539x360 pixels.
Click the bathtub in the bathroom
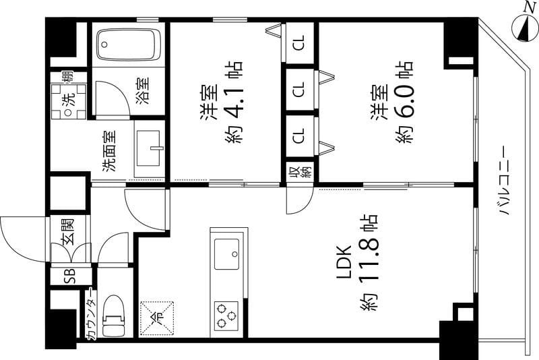point(129,44)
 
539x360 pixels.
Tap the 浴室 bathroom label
point(144,91)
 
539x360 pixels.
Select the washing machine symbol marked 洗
point(69,101)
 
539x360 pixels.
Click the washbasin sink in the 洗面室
point(148,148)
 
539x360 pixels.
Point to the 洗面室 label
point(109,151)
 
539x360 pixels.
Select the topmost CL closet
point(300,43)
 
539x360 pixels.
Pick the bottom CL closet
point(300,136)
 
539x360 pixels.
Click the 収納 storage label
point(300,172)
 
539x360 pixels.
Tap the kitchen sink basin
point(227,254)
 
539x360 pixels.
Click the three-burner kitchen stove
point(226,316)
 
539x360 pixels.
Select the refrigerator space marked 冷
point(157,318)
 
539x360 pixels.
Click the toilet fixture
point(113,316)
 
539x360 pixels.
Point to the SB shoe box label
point(71,276)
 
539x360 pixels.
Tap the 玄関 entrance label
point(69,231)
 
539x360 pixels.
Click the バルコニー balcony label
point(504,180)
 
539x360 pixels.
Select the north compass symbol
point(526,25)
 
